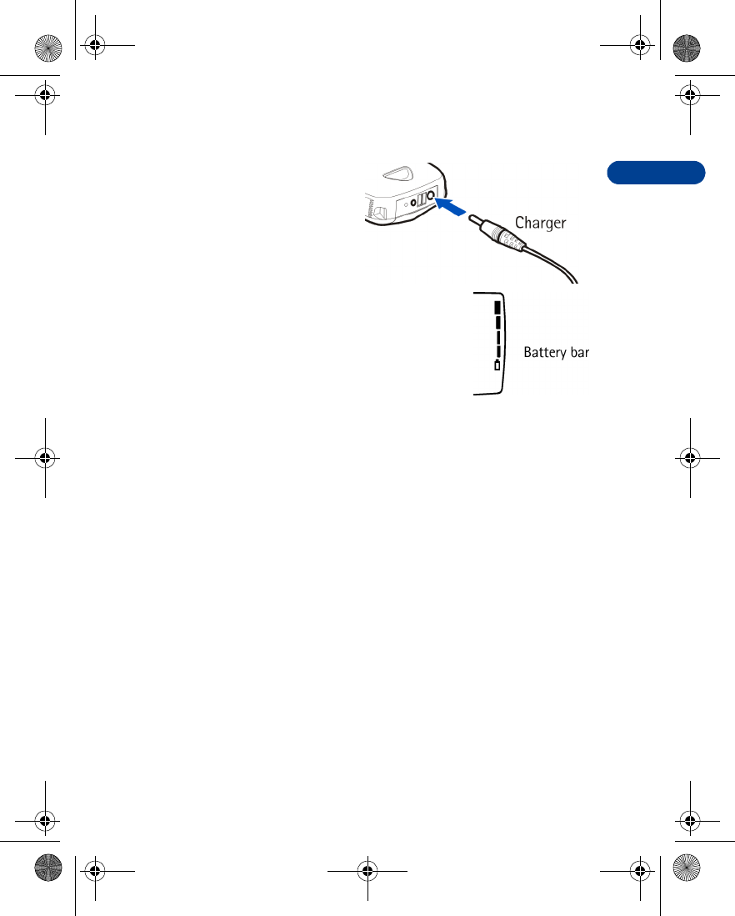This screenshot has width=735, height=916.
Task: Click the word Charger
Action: tap(540, 223)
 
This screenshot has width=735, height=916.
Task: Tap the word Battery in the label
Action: tap(542, 353)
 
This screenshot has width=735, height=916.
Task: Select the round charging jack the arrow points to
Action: tap(431, 199)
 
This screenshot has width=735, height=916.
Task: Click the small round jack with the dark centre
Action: tap(413, 202)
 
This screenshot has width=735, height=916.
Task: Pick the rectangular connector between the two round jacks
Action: tap(422, 200)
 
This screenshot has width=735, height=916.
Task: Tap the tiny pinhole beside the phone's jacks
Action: tap(405, 204)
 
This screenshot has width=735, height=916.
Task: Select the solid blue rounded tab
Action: tap(656, 173)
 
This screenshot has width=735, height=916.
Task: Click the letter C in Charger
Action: tap(520, 223)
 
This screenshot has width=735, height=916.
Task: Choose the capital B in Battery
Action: tap(527, 353)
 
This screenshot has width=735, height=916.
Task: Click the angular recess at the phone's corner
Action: tap(378, 214)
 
